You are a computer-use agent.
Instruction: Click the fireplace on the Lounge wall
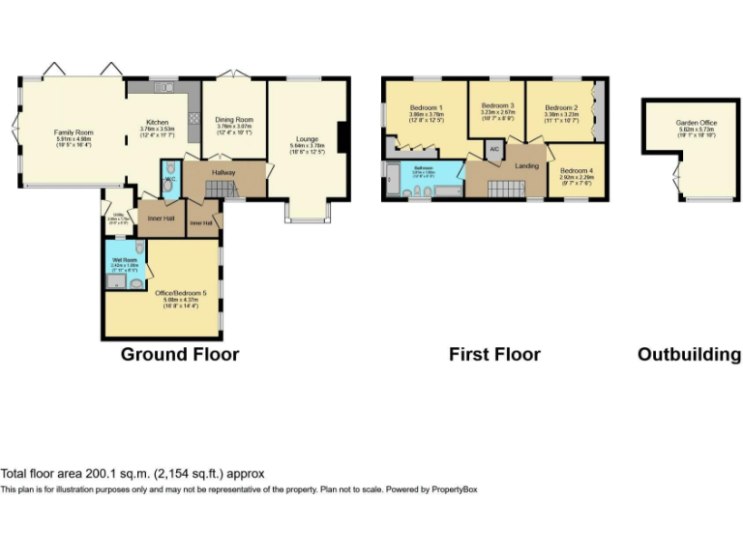click(342, 135)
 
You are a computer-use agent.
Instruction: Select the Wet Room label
click(123, 260)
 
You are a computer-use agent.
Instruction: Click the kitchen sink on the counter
click(166, 89)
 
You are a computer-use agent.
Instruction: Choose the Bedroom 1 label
click(427, 106)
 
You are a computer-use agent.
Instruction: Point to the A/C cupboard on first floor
click(493, 150)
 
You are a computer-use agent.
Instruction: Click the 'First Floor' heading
click(494, 355)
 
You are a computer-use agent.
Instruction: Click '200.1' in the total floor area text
click(101, 474)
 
